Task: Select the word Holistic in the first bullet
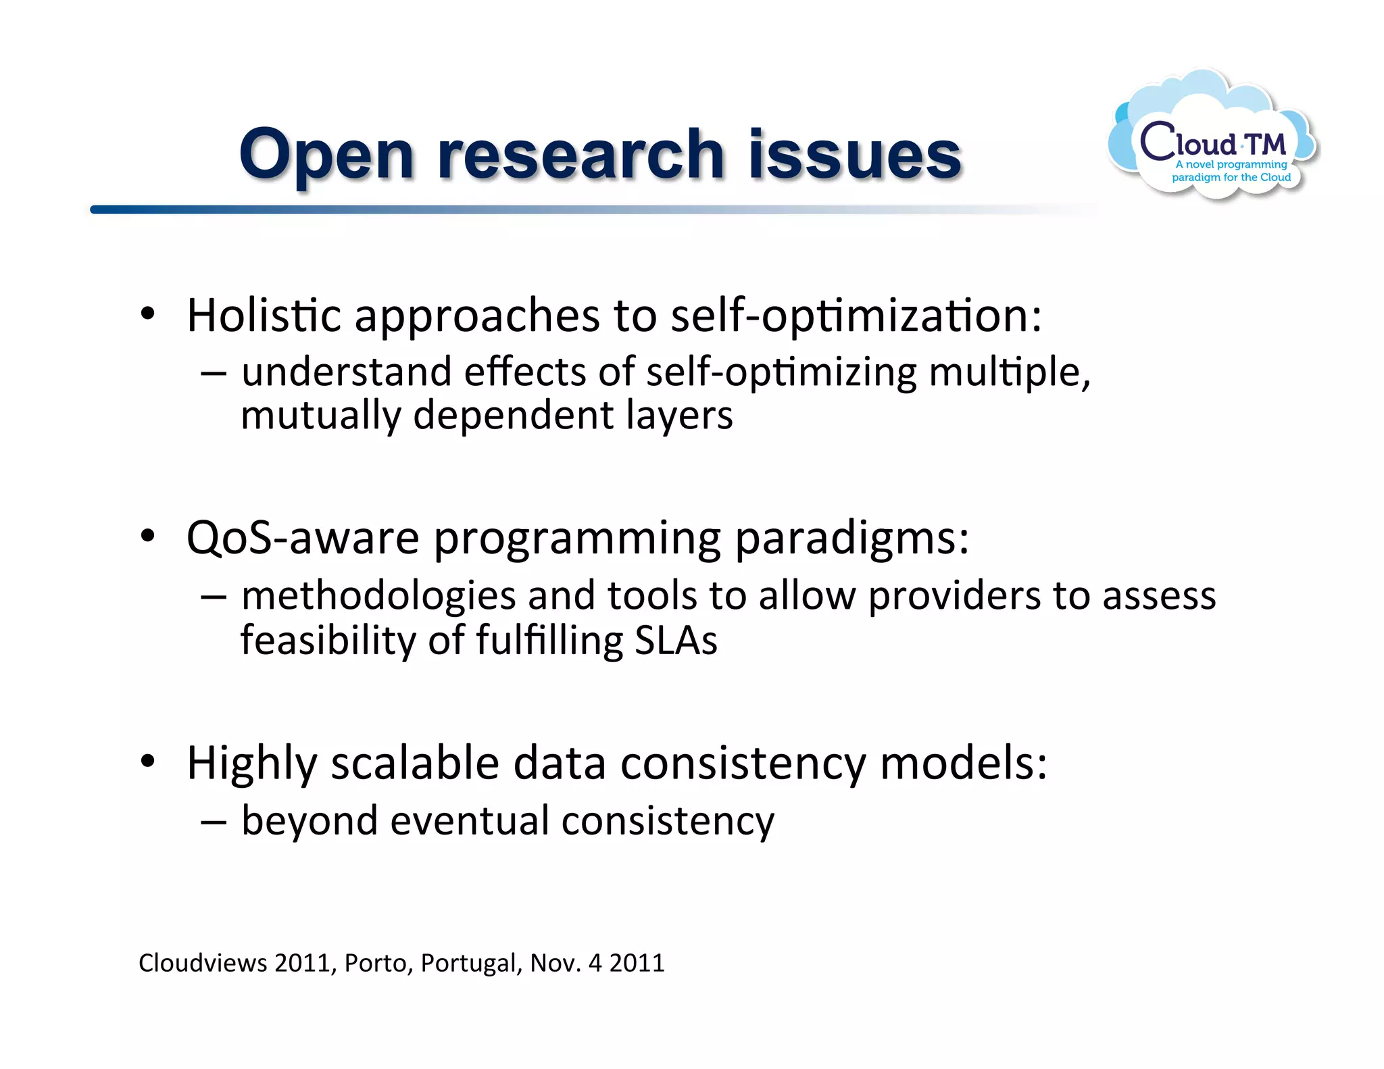[264, 316]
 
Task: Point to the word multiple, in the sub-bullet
[1010, 372]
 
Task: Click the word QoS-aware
[303, 539]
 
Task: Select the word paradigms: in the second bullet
[851, 539]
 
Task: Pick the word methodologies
[378, 596]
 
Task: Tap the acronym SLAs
[676, 640]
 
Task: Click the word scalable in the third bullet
[414, 763]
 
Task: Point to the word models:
[964, 763]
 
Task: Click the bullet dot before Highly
[148, 762]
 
